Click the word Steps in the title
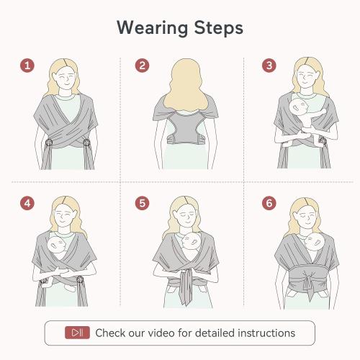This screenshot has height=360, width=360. (215, 28)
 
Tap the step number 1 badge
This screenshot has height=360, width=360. (27, 66)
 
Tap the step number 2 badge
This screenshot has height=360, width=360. (143, 66)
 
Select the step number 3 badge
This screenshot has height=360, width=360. (269, 66)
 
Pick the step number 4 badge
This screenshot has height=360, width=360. (27, 203)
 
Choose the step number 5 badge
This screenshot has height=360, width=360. (143, 203)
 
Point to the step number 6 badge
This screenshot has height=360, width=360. (269, 203)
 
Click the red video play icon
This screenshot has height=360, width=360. (77, 333)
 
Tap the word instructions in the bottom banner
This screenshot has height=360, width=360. (264, 333)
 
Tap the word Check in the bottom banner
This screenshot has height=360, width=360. (112, 333)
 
